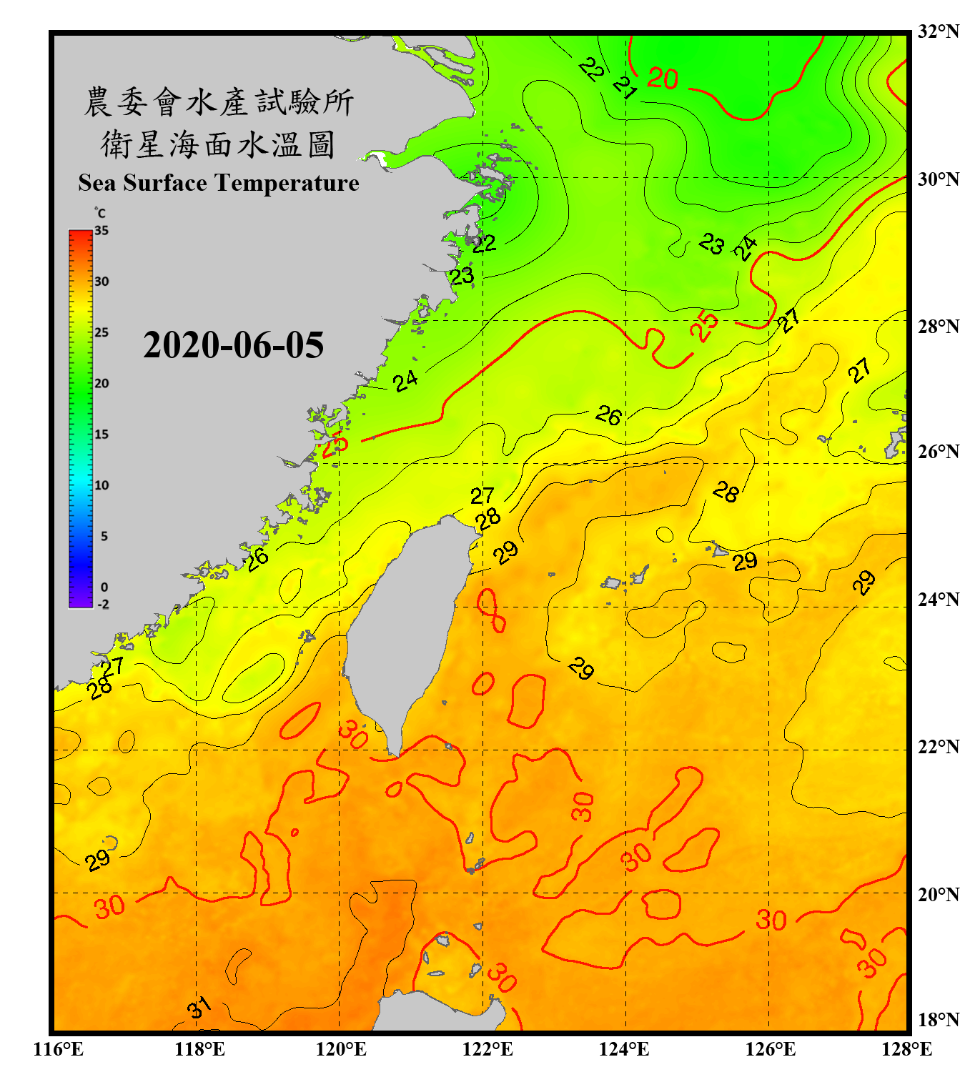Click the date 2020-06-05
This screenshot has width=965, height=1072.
(x=233, y=345)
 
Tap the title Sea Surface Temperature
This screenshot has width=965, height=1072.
(x=219, y=183)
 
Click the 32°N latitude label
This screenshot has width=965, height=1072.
(x=939, y=31)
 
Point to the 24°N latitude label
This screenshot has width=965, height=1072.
(x=939, y=599)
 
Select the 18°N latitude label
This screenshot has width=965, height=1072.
(x=939, y=1019)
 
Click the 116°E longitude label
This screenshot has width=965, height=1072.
(x=59, y=1049)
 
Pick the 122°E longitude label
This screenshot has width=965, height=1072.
(x=488, y=1049)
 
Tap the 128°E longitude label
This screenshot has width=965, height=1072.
(x=906, y=1049)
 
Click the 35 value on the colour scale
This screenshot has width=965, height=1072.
(x=102, y=230)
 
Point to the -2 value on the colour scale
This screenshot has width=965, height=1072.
(x=103, y=604)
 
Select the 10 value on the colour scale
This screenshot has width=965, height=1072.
(x=102, y=485)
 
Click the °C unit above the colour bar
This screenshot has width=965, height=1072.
(x=100, y=213)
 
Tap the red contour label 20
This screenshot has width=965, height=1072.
(x=663, y=78)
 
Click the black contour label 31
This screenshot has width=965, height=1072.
(x=199, y=1008)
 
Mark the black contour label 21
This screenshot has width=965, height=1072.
(x=625, y=87)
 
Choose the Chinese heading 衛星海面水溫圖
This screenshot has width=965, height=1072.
(x=218, y=145)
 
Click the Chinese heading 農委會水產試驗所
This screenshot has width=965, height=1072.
(x=219, y=102)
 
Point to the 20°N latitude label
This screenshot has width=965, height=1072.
(x=939, y=893)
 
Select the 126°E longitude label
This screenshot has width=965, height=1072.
(x=771, y=1049)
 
